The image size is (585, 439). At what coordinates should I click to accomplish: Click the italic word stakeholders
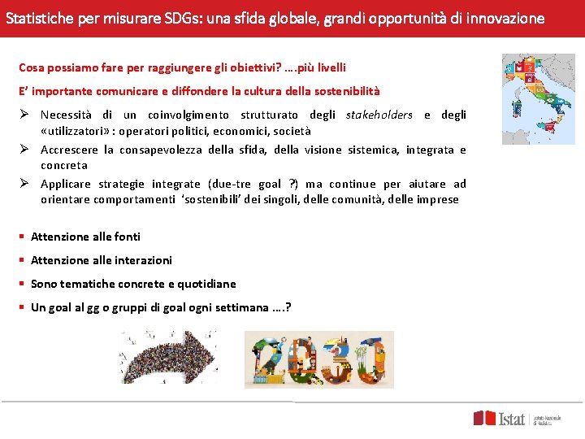coord(379,115)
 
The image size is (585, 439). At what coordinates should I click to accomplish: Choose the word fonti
coord(127,237)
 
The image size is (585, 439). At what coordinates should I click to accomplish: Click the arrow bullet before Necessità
coord(24,115)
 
